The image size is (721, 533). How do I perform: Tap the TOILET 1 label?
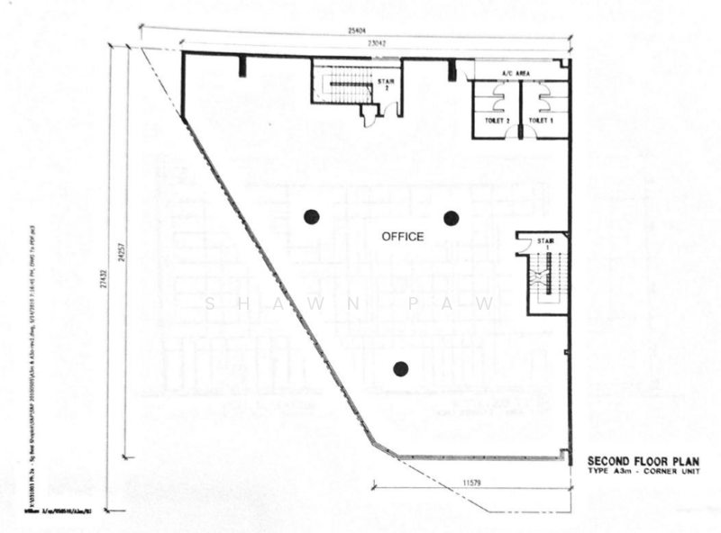pos(541,120)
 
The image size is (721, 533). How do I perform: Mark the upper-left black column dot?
pos(312,216)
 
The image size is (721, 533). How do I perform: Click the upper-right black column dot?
pos(452,216)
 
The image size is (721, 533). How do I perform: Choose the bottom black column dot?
pos(401,367)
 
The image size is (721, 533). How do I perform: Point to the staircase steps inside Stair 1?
pos(543,275)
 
